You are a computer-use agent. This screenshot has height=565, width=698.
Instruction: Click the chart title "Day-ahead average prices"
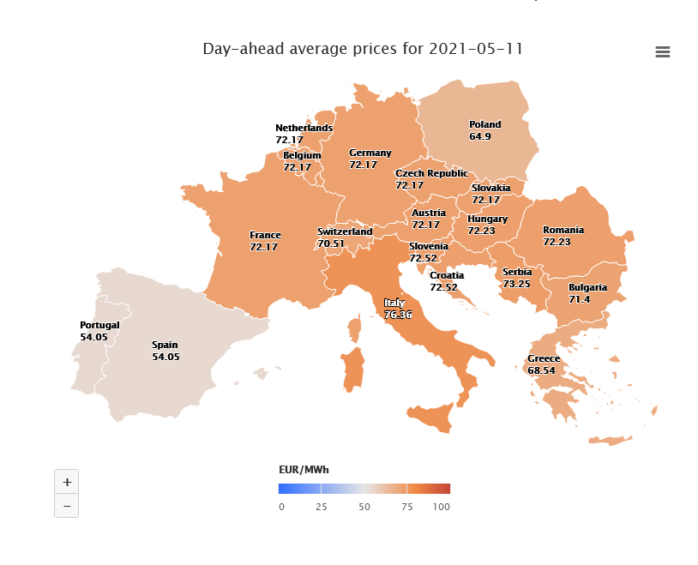[362, 49]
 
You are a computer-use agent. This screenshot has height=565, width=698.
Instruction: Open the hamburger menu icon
[662, 52]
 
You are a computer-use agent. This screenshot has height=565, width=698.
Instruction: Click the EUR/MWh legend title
[304, 470]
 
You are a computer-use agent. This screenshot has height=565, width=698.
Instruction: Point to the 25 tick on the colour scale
[322, 507]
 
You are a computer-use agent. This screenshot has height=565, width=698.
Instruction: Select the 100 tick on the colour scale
[441, 507]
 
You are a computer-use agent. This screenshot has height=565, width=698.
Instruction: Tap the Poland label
[484, 124]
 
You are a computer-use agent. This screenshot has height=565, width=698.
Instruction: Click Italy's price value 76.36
[398, 315]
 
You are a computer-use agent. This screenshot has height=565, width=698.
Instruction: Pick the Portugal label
[99, 326]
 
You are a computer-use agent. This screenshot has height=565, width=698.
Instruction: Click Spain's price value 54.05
[165, 357]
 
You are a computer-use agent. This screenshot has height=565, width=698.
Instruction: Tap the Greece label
[543, 358]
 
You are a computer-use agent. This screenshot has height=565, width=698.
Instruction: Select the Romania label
[563, 230]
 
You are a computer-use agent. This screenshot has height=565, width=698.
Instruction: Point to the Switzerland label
[345, 231]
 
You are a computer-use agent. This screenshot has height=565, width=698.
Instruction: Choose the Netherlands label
[304, 128]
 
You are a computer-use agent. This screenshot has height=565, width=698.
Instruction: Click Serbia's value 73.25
[516, 284]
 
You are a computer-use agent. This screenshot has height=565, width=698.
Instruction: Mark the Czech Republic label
[431, 173]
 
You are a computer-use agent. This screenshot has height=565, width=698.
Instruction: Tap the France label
[265, 235]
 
